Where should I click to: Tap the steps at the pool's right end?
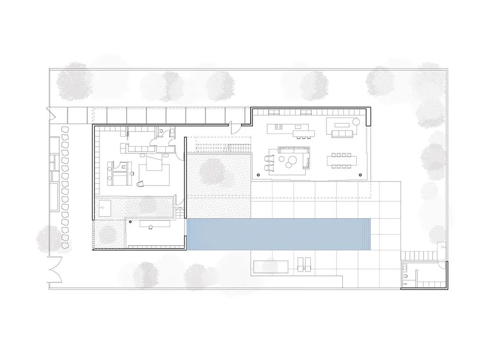pyautogui.click(x=367, y=235)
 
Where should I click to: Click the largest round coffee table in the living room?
pyautogui.click(x=293, y=159)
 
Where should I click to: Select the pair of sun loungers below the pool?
pyautogui.click(x=304, y=264)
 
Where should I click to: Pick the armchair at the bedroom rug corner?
pyautogui.click(x=141, y=183)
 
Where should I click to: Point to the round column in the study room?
pyautogui.click(x=130, y=222)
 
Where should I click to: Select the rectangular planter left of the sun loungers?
pyautogui.click(x=271, y=266)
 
